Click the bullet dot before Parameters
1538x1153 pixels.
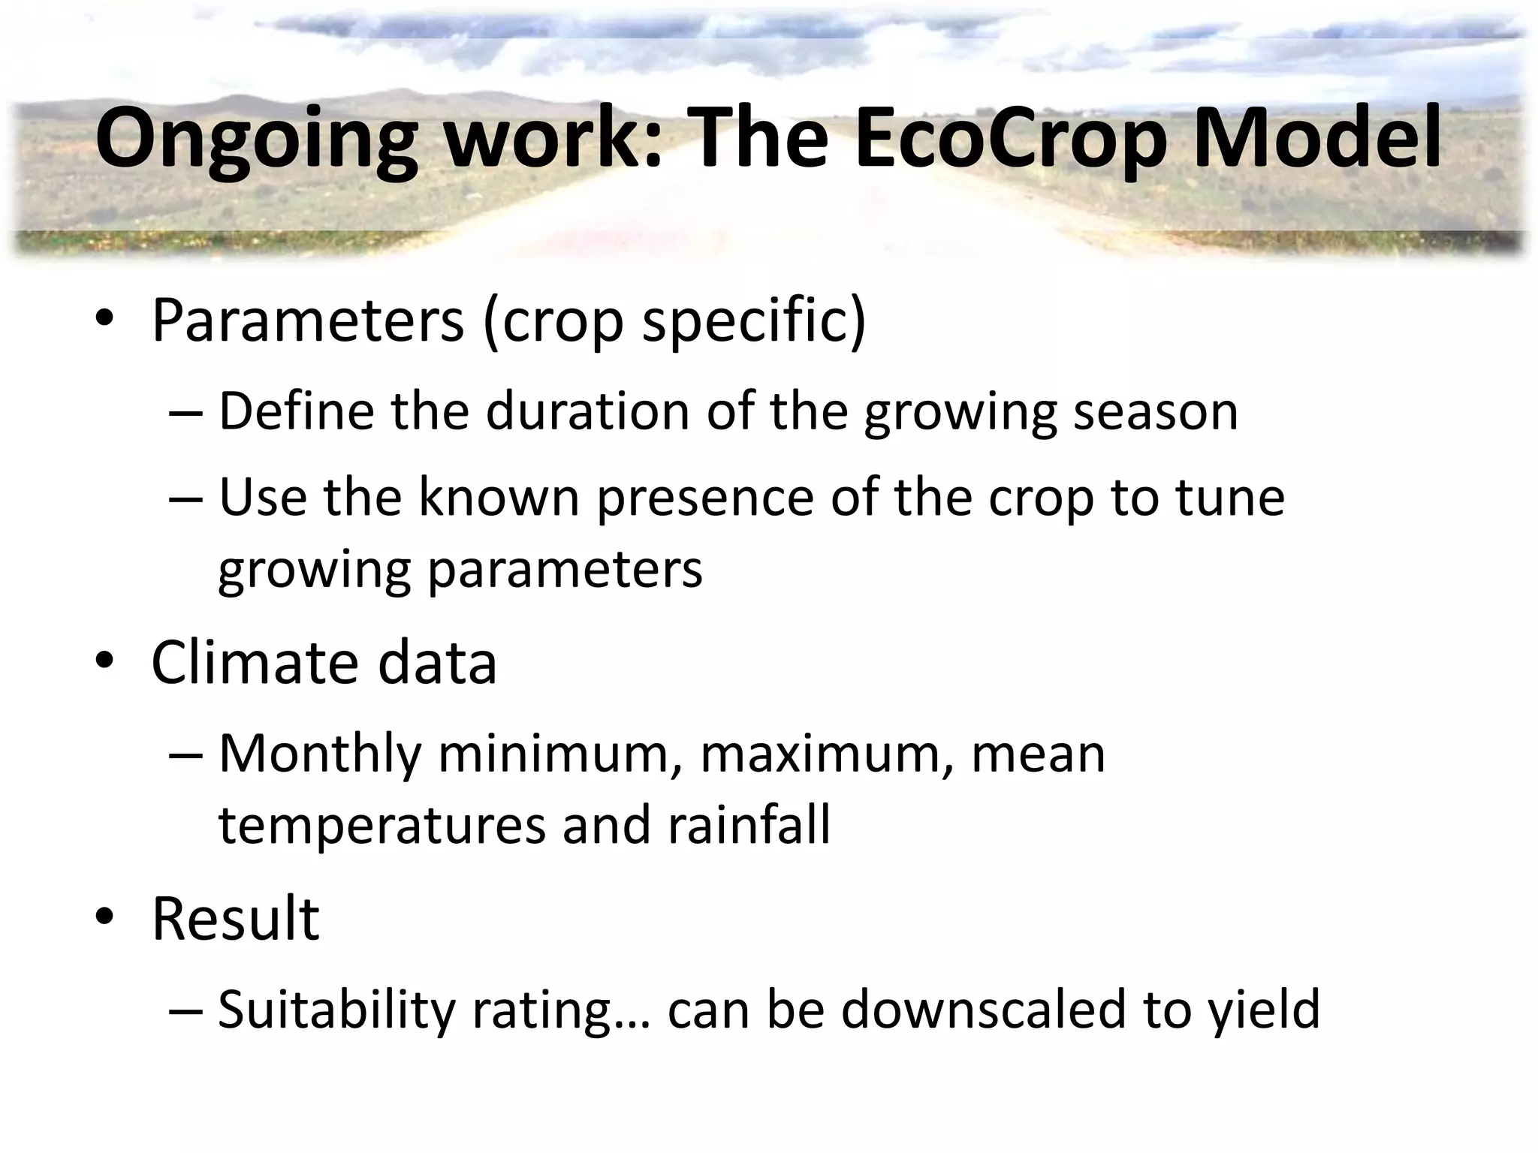(104, 319)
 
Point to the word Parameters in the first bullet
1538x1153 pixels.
(308, 321)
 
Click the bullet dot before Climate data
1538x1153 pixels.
(104, 661)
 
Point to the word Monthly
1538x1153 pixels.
(320, 754)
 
